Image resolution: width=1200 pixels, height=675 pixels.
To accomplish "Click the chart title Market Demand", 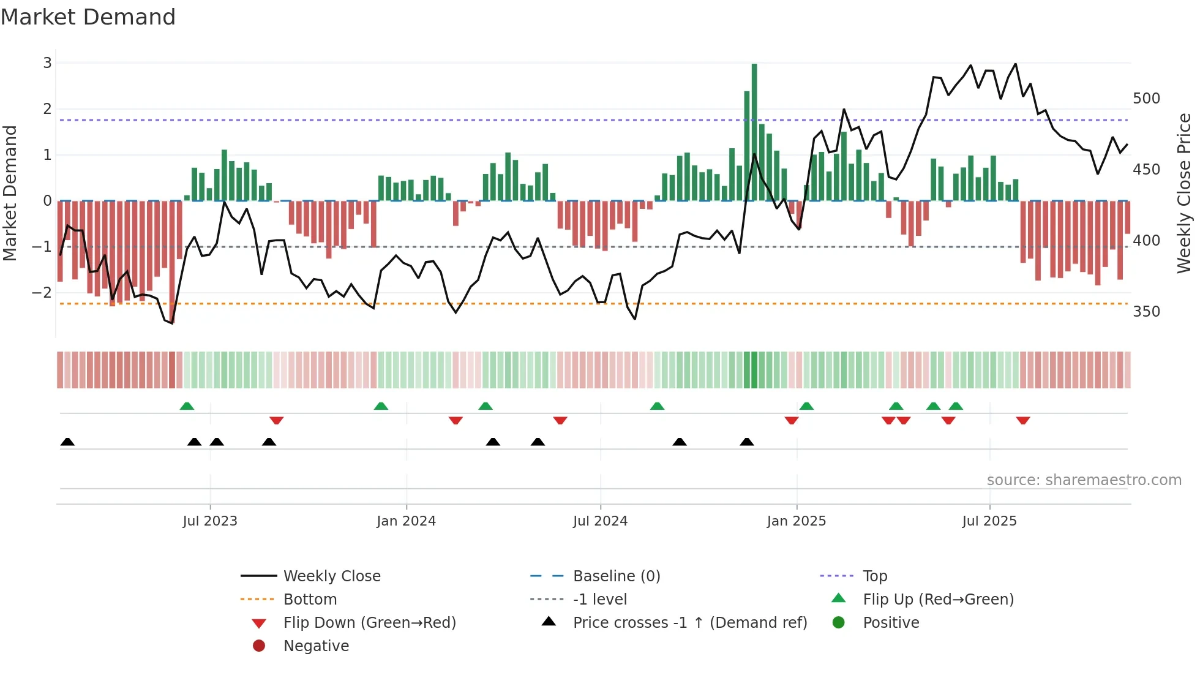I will (x=88, y=17).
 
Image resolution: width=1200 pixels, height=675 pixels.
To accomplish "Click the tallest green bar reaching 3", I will (x=754, y=132).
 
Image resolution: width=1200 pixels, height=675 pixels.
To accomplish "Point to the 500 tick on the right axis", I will (x=1146, y=99).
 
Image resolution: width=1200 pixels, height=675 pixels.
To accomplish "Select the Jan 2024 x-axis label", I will (x=406, y=521).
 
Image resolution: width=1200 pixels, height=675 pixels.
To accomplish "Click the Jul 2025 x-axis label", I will (x=989, y=521).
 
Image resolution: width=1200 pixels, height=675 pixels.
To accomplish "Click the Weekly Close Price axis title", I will (x=1184, y=193).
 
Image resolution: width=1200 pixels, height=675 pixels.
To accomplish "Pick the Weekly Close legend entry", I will (x=331, y=576).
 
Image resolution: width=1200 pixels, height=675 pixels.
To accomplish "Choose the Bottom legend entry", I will (x=310, y=600).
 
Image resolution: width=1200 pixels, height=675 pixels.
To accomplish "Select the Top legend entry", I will (x=874, y=576).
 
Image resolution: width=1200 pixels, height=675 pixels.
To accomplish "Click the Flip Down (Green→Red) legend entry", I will (x=369, y=623).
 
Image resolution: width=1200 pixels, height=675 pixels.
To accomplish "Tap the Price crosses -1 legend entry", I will (x=689, y=623).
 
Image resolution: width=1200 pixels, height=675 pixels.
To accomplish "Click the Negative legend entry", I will (x=316, y=646).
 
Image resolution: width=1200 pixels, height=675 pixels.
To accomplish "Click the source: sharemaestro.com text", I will (x=1084, y=480).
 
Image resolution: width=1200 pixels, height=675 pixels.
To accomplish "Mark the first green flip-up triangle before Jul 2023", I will (x=187, y=406).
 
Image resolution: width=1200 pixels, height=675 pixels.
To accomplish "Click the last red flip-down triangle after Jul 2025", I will (x=1022, y=420).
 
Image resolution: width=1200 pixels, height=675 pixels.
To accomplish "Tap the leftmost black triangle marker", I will (x=67, y=442).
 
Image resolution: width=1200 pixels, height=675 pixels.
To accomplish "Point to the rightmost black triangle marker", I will (x=746, y=442).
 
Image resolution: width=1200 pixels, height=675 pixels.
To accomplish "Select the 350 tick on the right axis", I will (x=1146, y=312).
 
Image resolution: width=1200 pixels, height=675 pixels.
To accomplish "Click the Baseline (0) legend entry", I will (x=616, y=576).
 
